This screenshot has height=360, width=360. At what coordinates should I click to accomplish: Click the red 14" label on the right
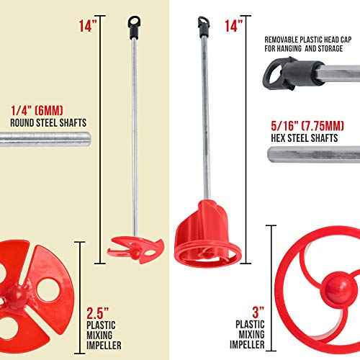[x=233, y=27]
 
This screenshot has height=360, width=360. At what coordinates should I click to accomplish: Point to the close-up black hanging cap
[x=288, y=73]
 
